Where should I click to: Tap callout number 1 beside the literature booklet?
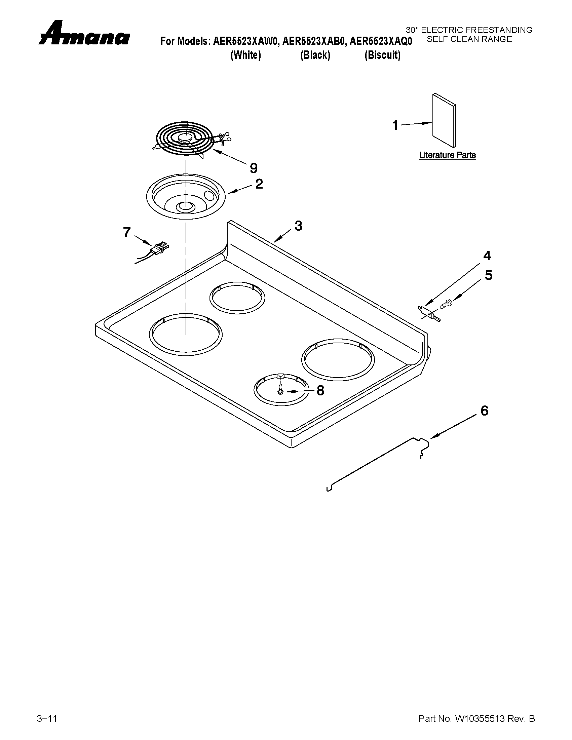pyautogui.click(x=395, y=126)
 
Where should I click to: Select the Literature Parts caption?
pyautogui.click(x=447, y=155)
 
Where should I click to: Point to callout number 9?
pyautogui.click(x=254, y=168)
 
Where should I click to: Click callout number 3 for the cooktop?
pyautogui.click(x=298, y=226)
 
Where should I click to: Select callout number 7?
pyautogui.click(x=126, y=232)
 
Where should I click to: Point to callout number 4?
pyautogui.click(x=487, y=256)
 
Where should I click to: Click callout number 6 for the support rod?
pyautogui.click(x=485, y=411)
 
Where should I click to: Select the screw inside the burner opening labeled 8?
pyautogui.click(x=280, y=389)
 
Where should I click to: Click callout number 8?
pyautogui.click(x=320, y=390)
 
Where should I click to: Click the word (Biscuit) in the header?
pyautogui.click(x=382, y=55)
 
